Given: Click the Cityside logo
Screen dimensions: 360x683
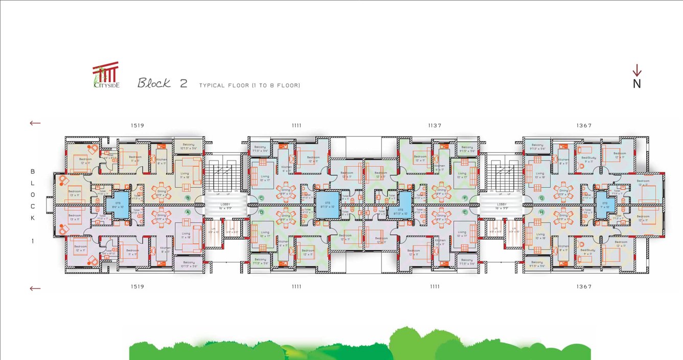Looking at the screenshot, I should (x=106, y=76).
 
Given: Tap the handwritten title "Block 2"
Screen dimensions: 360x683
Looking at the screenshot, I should (x=162, y=83).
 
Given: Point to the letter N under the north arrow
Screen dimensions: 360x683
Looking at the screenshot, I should (x=636, y=84).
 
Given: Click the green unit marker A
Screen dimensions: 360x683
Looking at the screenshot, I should (x=188, y=212).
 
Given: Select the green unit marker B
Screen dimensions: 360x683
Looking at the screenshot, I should (x=188, y=198).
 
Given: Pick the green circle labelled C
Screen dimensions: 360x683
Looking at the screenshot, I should (x=261, y=198).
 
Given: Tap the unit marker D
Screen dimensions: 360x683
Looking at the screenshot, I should (x=261, y=212).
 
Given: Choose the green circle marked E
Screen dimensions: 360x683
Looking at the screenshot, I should (x=465, y=212).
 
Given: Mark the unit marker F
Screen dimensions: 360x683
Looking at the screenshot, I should (x=465, y=198).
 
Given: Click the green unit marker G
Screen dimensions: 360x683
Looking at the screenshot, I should (x=541, y=198).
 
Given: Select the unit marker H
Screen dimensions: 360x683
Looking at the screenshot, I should (x=541, y=212).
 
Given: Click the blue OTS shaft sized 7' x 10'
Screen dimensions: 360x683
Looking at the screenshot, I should (x=605, y=205).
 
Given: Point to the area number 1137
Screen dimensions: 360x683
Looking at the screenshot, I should (x=435, y=125).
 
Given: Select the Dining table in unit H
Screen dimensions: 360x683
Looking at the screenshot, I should (x=563, y=217).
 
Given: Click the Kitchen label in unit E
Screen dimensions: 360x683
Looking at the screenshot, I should (x=440, y=242).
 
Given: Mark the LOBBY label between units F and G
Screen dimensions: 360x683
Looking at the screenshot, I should (x=501, y=205).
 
